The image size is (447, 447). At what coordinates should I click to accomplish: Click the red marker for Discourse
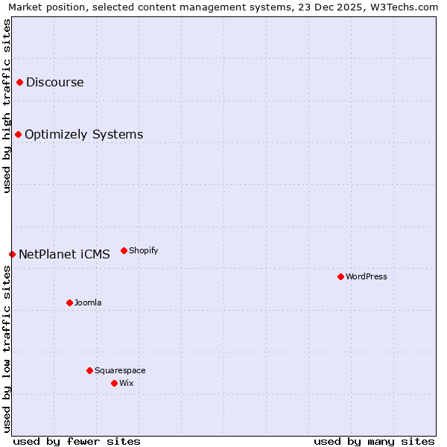coord(19,82)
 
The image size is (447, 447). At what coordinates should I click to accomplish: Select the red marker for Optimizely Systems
coord(18,134)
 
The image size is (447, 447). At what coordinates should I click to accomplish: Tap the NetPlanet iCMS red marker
coord(12,254)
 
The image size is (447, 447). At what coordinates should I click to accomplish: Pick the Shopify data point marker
coord(124,250)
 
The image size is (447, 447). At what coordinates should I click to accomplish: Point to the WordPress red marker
coord(340,276)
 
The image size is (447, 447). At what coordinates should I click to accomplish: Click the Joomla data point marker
coord(69,302)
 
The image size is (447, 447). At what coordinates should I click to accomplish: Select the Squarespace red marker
coord(89,370)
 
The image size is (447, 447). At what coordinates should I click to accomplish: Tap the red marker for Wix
coord(114,383)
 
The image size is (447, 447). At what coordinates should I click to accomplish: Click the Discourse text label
coord(55,82)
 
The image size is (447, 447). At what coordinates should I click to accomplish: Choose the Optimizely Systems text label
coord(84,134)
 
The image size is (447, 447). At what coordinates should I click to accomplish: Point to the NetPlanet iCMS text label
coord(64,254)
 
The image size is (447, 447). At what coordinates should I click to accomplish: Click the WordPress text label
coord(367,276)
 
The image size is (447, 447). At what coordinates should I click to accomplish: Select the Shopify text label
coord(144,250)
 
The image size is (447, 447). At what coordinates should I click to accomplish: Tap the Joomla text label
coord(88,302)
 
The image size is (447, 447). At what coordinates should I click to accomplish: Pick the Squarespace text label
coord(120,370)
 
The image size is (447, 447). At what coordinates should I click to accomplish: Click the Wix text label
coord(127,383)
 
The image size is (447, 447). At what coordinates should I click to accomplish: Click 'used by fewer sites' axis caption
coord(77,441)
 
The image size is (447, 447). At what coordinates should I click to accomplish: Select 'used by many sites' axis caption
coord(374,441)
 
